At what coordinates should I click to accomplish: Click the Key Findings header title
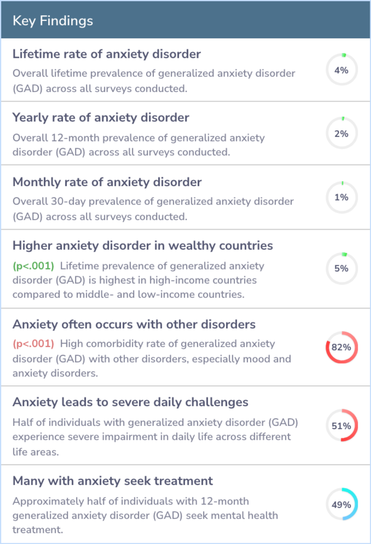(x=53, y=21)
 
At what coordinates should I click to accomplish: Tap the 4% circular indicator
(x=341, y=70)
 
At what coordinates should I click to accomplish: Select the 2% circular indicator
(x=341, y=133)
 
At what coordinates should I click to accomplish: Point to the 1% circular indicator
(x=341, y=197)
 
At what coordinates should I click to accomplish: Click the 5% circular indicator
(x=341, y=268)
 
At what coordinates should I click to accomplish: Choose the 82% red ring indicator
(x=341, y=347)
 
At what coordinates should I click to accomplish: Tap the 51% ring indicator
(x=341, y=425)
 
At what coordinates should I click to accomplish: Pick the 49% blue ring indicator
(x=341, y=504)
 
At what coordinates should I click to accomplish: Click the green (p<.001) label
(x=33, y=266)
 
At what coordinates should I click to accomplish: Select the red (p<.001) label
(x=33, y=343)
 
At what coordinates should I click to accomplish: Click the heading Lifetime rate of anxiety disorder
(x=106, y=54)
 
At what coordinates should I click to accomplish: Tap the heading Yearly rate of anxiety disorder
(x=101, y=118)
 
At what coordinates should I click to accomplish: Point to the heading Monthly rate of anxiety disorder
(x=107, y=182)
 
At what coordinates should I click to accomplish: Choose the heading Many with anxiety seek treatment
(x=113, y=481)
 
